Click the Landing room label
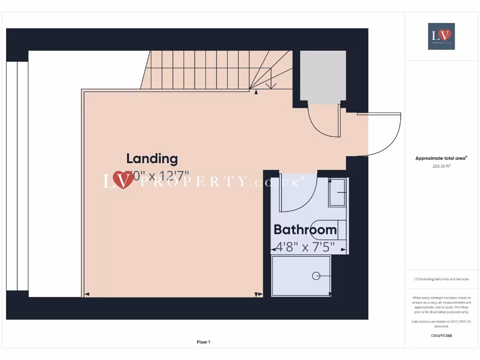tap(152, 158)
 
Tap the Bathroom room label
tap(305, 230)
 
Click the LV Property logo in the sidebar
tap(441, 36)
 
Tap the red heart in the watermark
tap(123, 180)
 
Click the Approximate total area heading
tap(441, 158)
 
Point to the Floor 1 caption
tap(203, 342)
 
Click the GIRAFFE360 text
tap(441, 336)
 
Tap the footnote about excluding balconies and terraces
tap(441, 279)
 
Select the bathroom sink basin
tap(337, 192)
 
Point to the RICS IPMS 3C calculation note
tap(441, 323)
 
